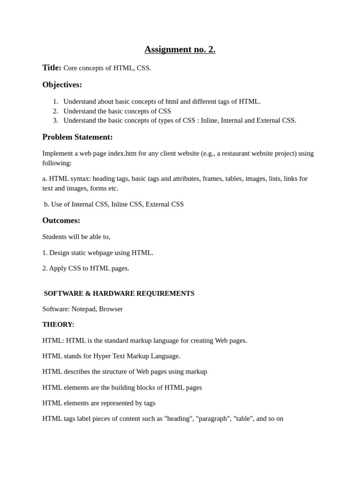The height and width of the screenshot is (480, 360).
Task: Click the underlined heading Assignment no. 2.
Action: click(180, 50)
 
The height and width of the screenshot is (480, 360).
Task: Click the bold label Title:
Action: click(52, 67)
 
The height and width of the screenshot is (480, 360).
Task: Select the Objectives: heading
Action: click(62, 85)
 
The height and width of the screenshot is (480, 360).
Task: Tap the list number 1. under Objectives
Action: click(55, 101)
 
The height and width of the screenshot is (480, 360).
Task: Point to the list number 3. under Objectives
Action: click(55, 120)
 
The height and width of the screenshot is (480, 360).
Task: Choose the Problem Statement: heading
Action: click(77, 137)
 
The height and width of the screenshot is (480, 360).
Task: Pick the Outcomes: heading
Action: click(61, 220)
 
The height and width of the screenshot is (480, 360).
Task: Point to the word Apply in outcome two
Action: click(58, 268)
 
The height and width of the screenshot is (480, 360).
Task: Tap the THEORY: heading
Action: click(58, 324)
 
